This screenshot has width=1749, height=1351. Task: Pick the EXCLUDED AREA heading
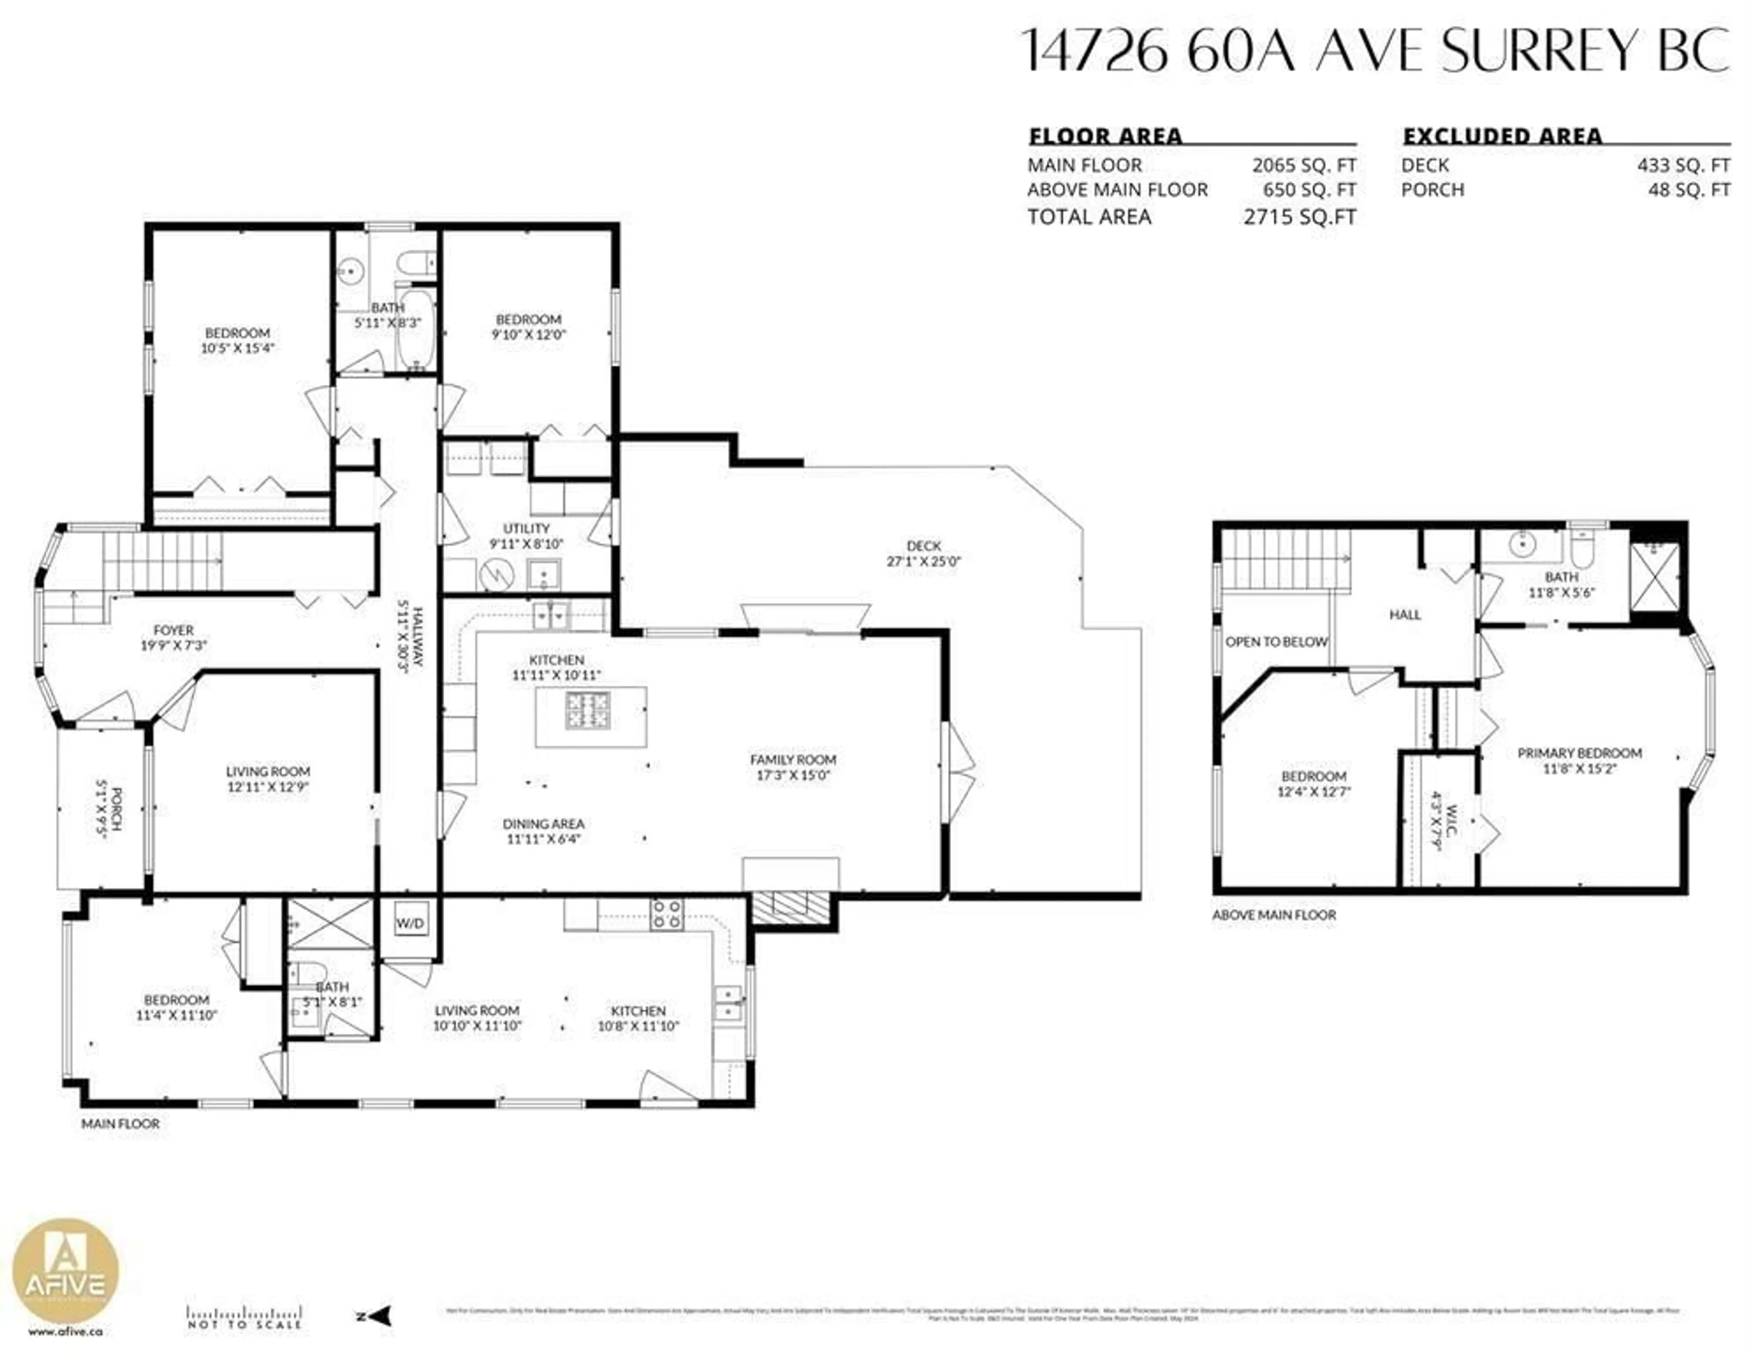pyautogui.click(x=1502, y=136)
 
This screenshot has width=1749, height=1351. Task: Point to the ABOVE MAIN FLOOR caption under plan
pyautogui.click(x=1273, y=914)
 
